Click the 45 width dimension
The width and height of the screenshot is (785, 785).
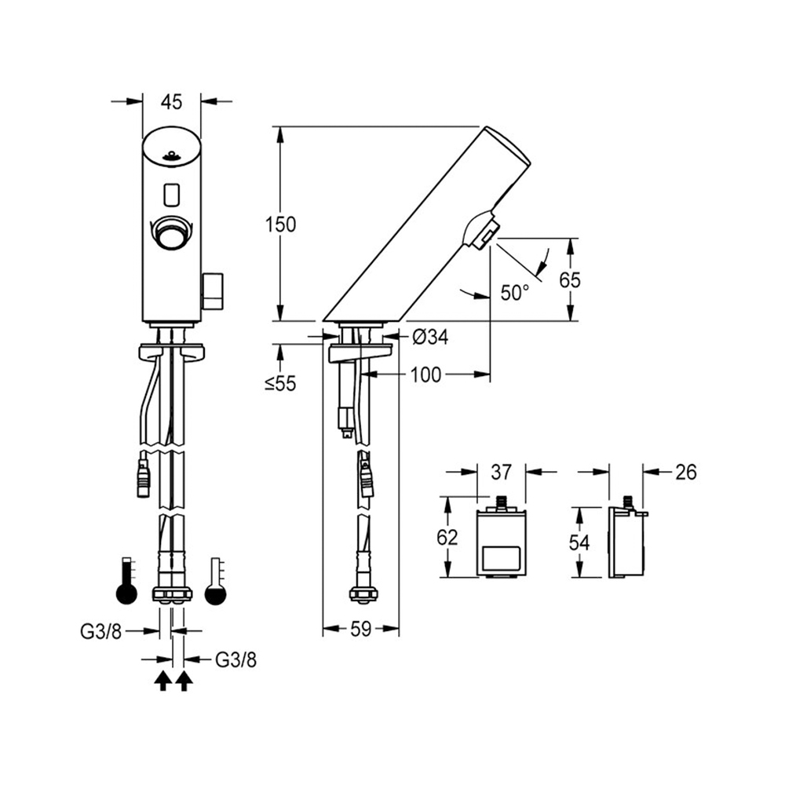(171, 102)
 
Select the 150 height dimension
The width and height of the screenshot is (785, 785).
(280, 225)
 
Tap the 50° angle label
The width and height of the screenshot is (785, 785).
(515, 292)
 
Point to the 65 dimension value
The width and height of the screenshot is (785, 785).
(570, 280)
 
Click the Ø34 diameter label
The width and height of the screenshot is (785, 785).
(430, 337)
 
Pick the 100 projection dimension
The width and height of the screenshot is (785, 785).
(425, 374)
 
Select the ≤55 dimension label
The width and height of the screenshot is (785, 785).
(280, 384)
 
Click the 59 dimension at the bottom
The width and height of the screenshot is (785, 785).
(360, 630)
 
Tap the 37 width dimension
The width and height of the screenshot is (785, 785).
(501, 472)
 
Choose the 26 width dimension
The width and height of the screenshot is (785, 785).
(686, 472)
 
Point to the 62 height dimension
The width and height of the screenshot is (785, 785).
(447, 537)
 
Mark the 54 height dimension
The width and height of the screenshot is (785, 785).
(579, 542)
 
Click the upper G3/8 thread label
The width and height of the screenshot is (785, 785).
(100, 632)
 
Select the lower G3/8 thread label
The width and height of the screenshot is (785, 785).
(235, 660)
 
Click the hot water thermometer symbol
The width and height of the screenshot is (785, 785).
(126, 581)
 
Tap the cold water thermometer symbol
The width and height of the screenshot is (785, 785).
(216, 581)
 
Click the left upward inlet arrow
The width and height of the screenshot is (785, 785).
(162, 682)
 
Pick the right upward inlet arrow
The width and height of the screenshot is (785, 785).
(184, 682)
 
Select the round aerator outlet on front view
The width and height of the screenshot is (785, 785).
(172, 232)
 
